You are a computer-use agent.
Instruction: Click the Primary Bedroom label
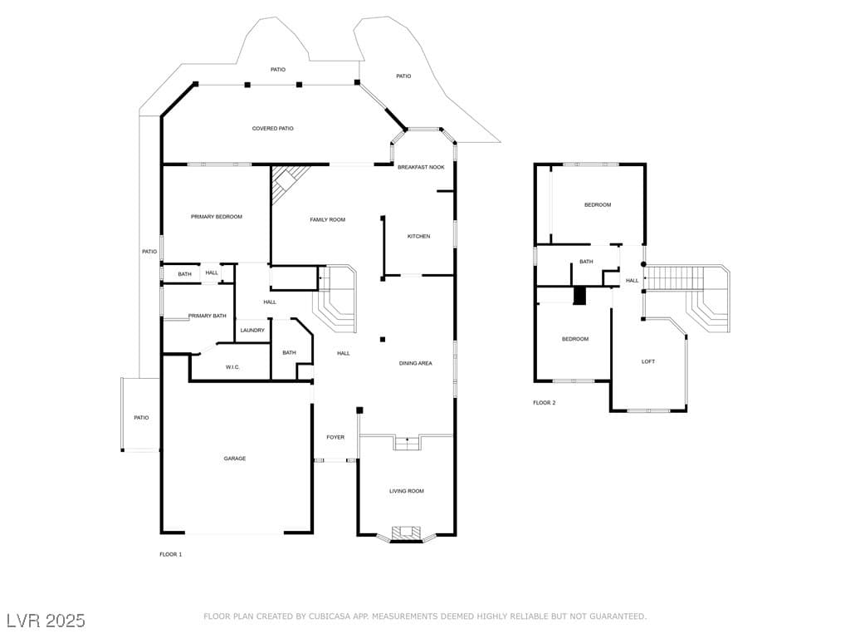217,217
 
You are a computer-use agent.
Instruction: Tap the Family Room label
327,219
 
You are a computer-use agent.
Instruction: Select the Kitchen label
418,237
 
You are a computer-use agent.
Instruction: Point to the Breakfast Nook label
421,167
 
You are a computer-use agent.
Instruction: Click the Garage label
235,459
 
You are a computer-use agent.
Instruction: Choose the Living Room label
407,491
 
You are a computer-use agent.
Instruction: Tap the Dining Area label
416,364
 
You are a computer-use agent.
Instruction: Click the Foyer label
335,437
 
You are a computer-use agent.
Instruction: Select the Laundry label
252,331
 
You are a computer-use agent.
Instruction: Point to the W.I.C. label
232,367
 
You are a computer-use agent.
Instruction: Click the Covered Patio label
272,129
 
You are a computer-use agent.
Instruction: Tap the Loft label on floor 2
648,361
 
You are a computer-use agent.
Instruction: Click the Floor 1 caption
171,554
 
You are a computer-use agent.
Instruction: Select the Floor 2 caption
545,403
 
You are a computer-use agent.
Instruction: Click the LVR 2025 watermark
46,621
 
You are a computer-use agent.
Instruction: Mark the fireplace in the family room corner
286,182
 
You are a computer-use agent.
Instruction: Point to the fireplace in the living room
407,533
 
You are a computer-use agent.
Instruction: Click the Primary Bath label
207,316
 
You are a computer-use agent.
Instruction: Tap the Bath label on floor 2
586,262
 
